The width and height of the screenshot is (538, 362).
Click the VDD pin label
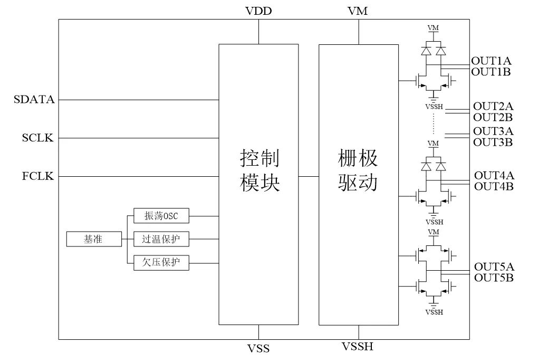(258, 11)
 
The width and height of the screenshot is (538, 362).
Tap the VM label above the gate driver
(358, 11)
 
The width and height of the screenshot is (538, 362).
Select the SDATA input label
(34, 99)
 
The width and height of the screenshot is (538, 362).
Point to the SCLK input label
(38, 138)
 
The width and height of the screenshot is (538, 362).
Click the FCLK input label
(38, 176)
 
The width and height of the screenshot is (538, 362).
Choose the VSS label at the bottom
(258, 348)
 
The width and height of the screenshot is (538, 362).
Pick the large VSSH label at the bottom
(358, 347)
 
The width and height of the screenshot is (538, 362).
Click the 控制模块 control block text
(258, 170)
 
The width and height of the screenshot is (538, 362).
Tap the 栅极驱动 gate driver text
(358, 170)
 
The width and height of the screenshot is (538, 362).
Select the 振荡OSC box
(161, 216)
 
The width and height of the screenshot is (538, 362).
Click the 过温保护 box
(161, 239)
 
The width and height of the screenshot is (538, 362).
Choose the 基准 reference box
(93, 239)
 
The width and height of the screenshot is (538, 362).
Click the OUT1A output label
(492, 62)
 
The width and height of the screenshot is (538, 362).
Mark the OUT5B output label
(494, 278)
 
